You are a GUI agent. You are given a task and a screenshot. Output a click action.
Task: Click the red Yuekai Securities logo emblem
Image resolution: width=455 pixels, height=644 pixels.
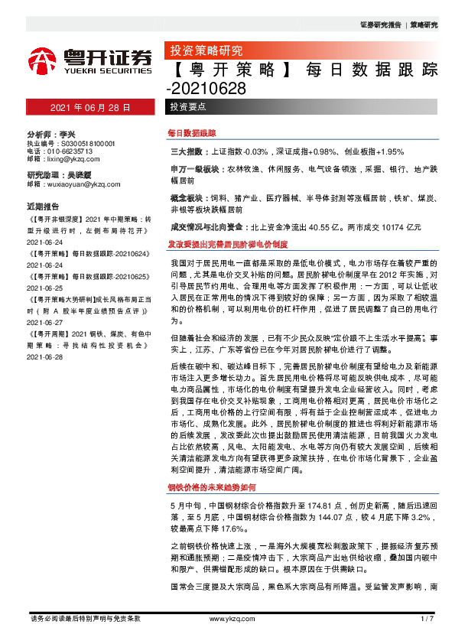click(x=44, y=59)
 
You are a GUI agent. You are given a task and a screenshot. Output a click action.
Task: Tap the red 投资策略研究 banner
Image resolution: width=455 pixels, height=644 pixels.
click(x=205, y=51)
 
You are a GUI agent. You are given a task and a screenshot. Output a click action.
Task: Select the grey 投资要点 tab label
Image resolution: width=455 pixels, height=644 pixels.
click(x=187, y=108)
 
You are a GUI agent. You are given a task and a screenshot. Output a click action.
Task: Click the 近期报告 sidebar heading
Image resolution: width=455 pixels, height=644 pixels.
click(x=43, y=207)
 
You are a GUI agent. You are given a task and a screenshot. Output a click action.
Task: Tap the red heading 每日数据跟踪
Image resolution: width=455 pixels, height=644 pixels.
click(x=192, y=133)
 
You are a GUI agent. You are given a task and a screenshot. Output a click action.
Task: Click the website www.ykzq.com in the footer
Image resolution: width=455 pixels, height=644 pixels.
click(x=227, y=618)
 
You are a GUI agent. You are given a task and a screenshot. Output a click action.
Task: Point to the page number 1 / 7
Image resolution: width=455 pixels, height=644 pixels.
click(x=427, y=618)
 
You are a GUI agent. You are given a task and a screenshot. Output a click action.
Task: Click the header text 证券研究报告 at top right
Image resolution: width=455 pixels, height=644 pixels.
click(x=380, y=24)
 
